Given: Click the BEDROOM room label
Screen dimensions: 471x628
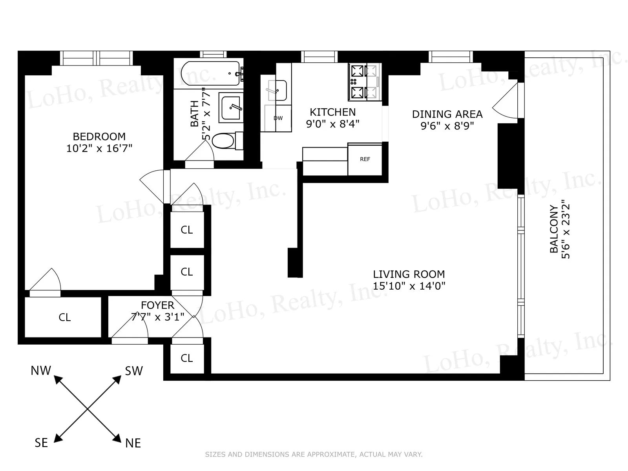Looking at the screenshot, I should [x=99, y=137].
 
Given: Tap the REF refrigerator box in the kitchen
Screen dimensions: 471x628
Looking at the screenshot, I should [x=365, y=159].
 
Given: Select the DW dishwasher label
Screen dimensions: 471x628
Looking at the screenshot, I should [x=278, y=118].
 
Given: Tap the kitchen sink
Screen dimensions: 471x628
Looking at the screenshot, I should [x=277, y=90].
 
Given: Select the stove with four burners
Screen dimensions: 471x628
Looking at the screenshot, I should [x=363, y=82].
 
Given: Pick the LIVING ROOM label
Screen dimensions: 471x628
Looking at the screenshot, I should [x=409, y=274].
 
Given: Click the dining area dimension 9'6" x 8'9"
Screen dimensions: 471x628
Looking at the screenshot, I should [x=447, y=126].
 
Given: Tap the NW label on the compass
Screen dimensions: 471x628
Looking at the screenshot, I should [x=41, y=371].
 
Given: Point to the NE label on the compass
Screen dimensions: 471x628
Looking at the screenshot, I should [x=133, y=443].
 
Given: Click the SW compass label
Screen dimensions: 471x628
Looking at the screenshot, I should [x=134, y=371].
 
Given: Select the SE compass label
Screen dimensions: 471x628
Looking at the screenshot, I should [x=41, y=443].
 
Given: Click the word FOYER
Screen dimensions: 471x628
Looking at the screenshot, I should [x=157, y=305].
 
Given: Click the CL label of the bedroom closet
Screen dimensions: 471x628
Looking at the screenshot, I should [x=65, y=317].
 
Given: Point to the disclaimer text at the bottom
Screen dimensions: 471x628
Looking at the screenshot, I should [x=314, y=455].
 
